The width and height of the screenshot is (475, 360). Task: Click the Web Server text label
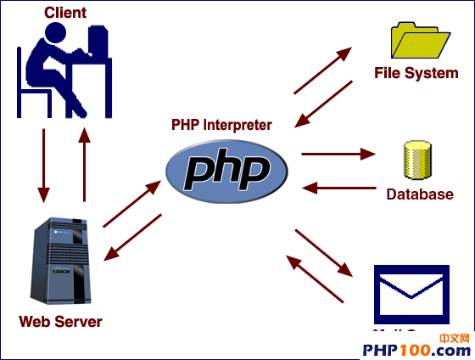pos(60,322)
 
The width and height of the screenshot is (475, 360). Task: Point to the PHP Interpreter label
pos(221,125)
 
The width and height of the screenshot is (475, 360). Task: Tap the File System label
pos(416,73)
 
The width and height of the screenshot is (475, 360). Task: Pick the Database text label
pos(420,194)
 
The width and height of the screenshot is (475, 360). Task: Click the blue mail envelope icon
pos(411,294)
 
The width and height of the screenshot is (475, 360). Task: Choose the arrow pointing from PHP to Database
pos(338,155)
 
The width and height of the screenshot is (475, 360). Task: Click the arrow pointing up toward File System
pos(323,70)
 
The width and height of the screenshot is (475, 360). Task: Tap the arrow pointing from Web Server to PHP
pos(131,204)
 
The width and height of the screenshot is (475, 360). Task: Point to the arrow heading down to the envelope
pos(323,252)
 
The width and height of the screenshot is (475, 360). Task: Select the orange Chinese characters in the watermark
pos(455,338)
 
